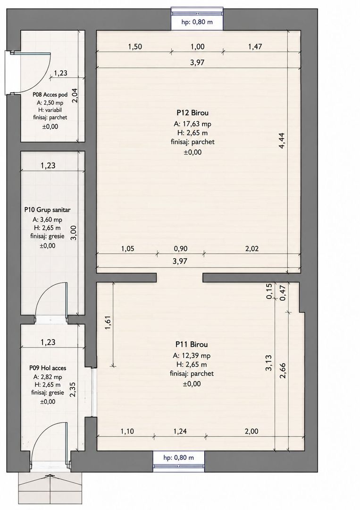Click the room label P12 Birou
click(x=193, y=113)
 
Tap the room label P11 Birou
click(x=192, y=344)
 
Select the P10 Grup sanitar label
click(x=48, y=210)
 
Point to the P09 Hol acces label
click(x=48, y=368)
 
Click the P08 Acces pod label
click(x=50, y=94)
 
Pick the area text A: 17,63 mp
click(x=193, y=124)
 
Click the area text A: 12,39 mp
click(x=192, y=355)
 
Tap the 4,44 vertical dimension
click(x=282, y=141)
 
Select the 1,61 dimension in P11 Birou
click(x=108, y=323)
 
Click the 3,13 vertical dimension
click(x=268, y=363)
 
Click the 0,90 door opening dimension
click(x=181, y=249)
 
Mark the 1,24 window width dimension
click(x=180, y=431)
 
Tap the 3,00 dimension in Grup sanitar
click(x=74, y=233)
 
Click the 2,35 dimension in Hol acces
click(x=73, y=389)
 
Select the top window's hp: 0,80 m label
click(x=197, y=22)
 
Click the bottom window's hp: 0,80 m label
click(x=179, y=458)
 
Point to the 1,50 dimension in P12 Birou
click(x=135, y=46)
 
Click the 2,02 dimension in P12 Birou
click(x=252, y=249)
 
